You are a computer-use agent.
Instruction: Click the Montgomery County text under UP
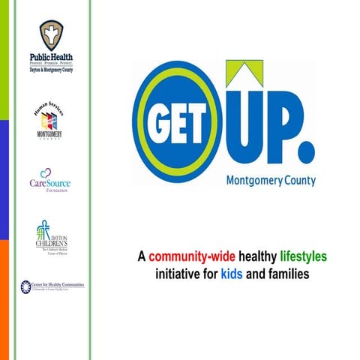(x=270, y=180)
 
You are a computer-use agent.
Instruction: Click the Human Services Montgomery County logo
(x=51, y=122)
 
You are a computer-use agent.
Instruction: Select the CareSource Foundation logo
(x=51, y=181)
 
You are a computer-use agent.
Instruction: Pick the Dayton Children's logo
(x=51, y=238)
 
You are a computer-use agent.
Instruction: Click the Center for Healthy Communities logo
(x=52, y=286)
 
